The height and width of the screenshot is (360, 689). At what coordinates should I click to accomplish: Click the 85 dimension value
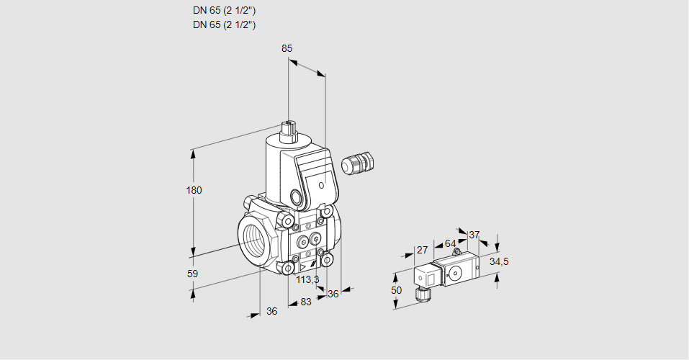287,48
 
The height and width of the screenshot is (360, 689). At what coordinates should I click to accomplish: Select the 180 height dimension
194,190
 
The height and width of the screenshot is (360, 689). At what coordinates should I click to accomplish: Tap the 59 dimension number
192,274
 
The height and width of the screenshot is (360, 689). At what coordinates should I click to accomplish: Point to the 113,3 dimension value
307,280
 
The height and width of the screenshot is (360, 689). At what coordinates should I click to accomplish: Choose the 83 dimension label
306,302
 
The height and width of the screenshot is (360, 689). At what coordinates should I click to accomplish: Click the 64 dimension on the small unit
450,243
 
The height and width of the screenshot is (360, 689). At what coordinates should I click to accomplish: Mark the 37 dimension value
474,235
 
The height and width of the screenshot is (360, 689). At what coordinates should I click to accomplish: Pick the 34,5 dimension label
499,261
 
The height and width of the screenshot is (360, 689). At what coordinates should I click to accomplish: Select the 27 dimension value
423,250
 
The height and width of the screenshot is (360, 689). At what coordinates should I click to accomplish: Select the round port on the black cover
297,197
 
